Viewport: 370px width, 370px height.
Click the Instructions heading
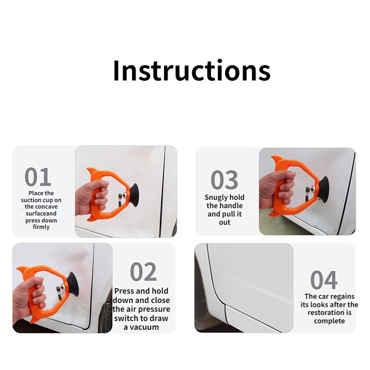(191, 71)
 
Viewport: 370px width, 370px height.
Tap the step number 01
(38, 177)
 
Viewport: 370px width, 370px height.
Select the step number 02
(143, 271)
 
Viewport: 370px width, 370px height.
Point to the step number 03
(224, 180)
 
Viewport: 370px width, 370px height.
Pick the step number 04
(324, 280)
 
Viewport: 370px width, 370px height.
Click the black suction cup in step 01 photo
(134, 195)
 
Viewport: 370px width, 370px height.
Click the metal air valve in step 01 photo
(123, 196)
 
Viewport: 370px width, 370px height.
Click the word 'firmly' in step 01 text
(41, 227)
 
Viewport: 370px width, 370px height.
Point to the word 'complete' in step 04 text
(329, 321)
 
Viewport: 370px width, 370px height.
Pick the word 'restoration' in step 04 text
(326, 313)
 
